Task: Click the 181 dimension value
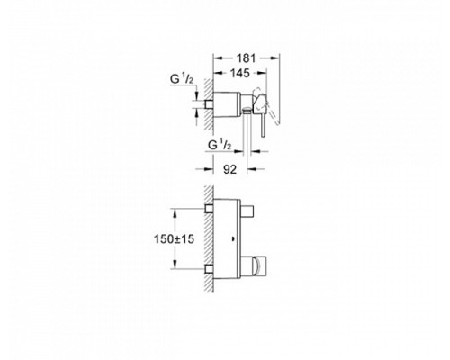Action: click(246, 58)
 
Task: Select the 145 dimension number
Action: click(240, 73)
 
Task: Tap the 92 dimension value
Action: click(229, 170)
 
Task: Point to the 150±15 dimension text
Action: click(174, 239)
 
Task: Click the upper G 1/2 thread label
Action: click(182, 79)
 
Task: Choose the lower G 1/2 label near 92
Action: click(220, 146)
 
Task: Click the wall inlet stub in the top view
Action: click(209, 104)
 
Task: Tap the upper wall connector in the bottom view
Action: click(210, 209)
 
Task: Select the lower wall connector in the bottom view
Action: click(210, 269)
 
